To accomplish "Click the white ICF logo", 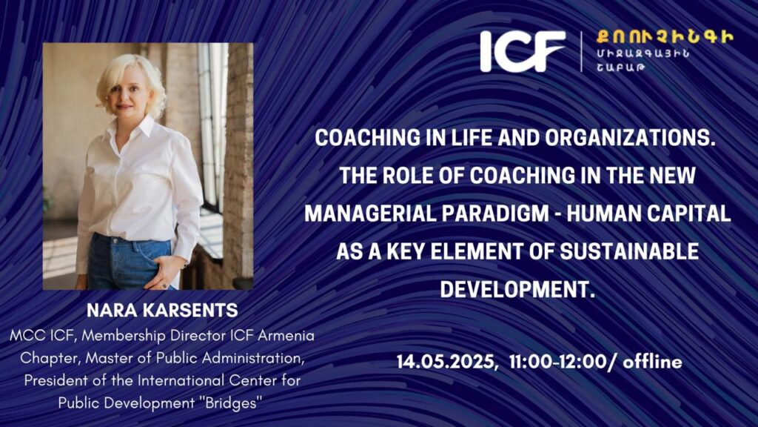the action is tap(523, 51).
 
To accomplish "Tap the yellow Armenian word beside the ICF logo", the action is tap(665, 37).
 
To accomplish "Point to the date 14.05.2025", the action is tap(445, 362).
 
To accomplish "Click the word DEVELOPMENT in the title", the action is tap(517, 290).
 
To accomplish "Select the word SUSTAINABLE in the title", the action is tap(629, 252).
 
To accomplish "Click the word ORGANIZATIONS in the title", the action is tap(630, 138).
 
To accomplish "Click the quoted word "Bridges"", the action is tap(231, 403).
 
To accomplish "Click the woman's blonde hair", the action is tap(130, 77).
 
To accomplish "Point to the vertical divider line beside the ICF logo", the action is tap(582, 51).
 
